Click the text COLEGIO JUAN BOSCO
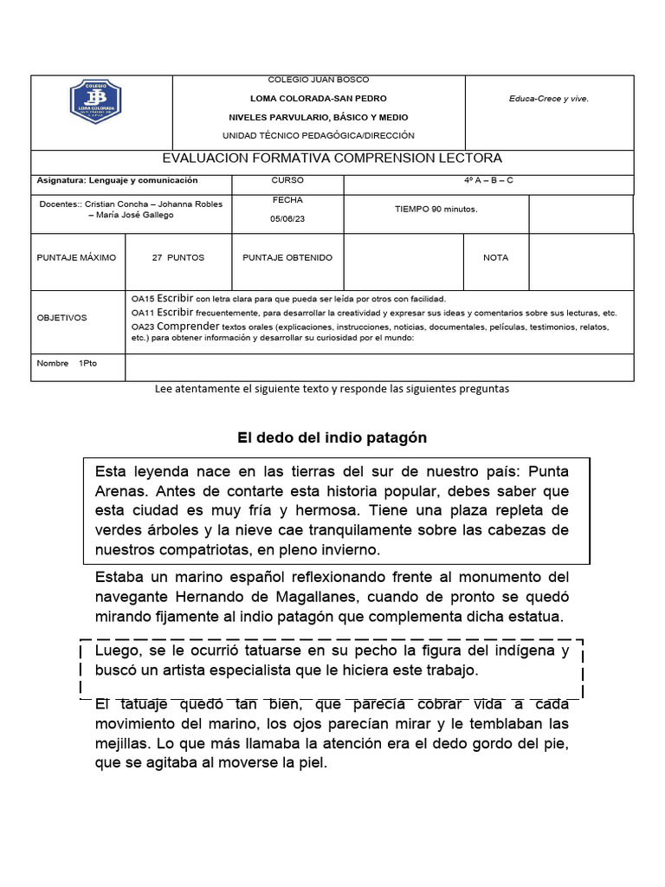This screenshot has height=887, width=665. pos(318,81)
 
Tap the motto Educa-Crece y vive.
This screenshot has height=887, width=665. pos(549,99)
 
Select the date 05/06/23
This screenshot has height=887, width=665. pos(287,219)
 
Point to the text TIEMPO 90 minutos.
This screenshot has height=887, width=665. pos(436,209)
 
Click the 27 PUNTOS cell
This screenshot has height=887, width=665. pos(178,258)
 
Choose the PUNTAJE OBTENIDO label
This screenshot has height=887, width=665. pos(287,258)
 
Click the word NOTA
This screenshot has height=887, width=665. pos(496,258)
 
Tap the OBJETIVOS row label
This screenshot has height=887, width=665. pos(61,318)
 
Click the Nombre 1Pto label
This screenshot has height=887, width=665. pos(67,364)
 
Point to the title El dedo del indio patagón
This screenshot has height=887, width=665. pos(332,438)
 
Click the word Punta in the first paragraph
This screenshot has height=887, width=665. pos(548,471)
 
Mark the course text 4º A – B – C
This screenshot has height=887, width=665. pos(488,181)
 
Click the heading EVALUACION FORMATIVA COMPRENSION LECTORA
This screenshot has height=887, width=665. pos(332,159)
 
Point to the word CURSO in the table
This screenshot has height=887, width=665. pos(287,181)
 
